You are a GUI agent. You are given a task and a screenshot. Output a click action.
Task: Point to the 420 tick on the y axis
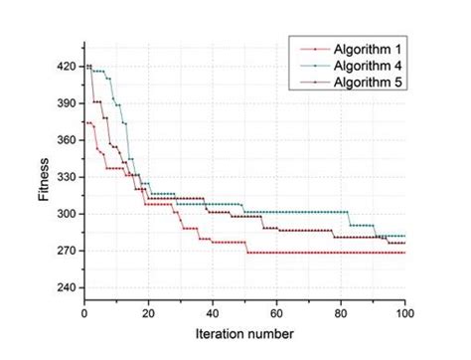point(68,67)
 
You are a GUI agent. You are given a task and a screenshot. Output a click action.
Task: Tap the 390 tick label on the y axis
point(68,103)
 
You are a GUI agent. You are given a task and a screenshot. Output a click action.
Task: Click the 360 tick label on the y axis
point(68,140)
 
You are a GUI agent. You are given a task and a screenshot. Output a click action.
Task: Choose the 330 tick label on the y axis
point(68,177)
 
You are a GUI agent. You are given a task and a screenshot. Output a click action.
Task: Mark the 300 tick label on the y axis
point(68,214)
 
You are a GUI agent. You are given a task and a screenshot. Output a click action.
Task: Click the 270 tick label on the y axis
point(68,251)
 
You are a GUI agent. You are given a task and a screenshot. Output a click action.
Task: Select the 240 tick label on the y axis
point(68,287)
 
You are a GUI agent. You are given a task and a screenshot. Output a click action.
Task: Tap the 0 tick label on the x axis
point(84,312)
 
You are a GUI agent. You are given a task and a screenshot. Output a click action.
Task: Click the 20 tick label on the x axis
point(148,312)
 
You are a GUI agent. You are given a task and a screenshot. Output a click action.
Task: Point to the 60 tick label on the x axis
point(276,312)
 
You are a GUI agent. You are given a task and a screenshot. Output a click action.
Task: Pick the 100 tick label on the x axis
point(404,312)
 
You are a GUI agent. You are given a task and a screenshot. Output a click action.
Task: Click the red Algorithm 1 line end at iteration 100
point(404,253)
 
